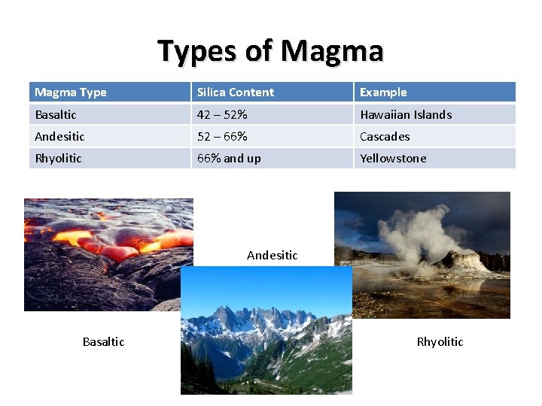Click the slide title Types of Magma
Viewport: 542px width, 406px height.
pyautogui.click(x=270, y=51)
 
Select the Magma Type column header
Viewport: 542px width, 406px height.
pyautogui.click(x=71, y=92)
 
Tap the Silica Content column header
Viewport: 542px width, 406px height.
pyautogui.click(x=236, y=92)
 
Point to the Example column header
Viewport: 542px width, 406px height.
pyautogui.click(x=383, y=92)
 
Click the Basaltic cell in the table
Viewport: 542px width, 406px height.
pyautogui.click(x=56, y=114)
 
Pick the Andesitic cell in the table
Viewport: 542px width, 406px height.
pyautogui.click(x=59, y=136)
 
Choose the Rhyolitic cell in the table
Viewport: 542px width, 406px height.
pyautogui.click(x=58, y=158)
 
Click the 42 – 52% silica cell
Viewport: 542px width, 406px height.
pyautogui.click(x=222, y=114)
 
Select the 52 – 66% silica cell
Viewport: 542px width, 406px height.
pyautogui.click(x=222, y=136)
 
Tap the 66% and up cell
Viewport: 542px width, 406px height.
pyautogui.click(x=229, y=158)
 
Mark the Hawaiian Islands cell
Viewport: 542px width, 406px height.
pyautogui.click(x=406, y=114)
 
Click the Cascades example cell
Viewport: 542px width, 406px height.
pyautogui.click(x=385, y=136)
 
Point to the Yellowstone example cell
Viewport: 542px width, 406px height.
pyautogui.click(x=393, y=158)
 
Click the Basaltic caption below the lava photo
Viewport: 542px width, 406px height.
pyautogui.click(x=103, y=341)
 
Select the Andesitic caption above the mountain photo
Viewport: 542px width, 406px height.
pyautogui.click(x=272, y=255)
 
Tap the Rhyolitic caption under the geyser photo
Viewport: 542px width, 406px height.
pyautogui.click(x=440, y=341)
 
